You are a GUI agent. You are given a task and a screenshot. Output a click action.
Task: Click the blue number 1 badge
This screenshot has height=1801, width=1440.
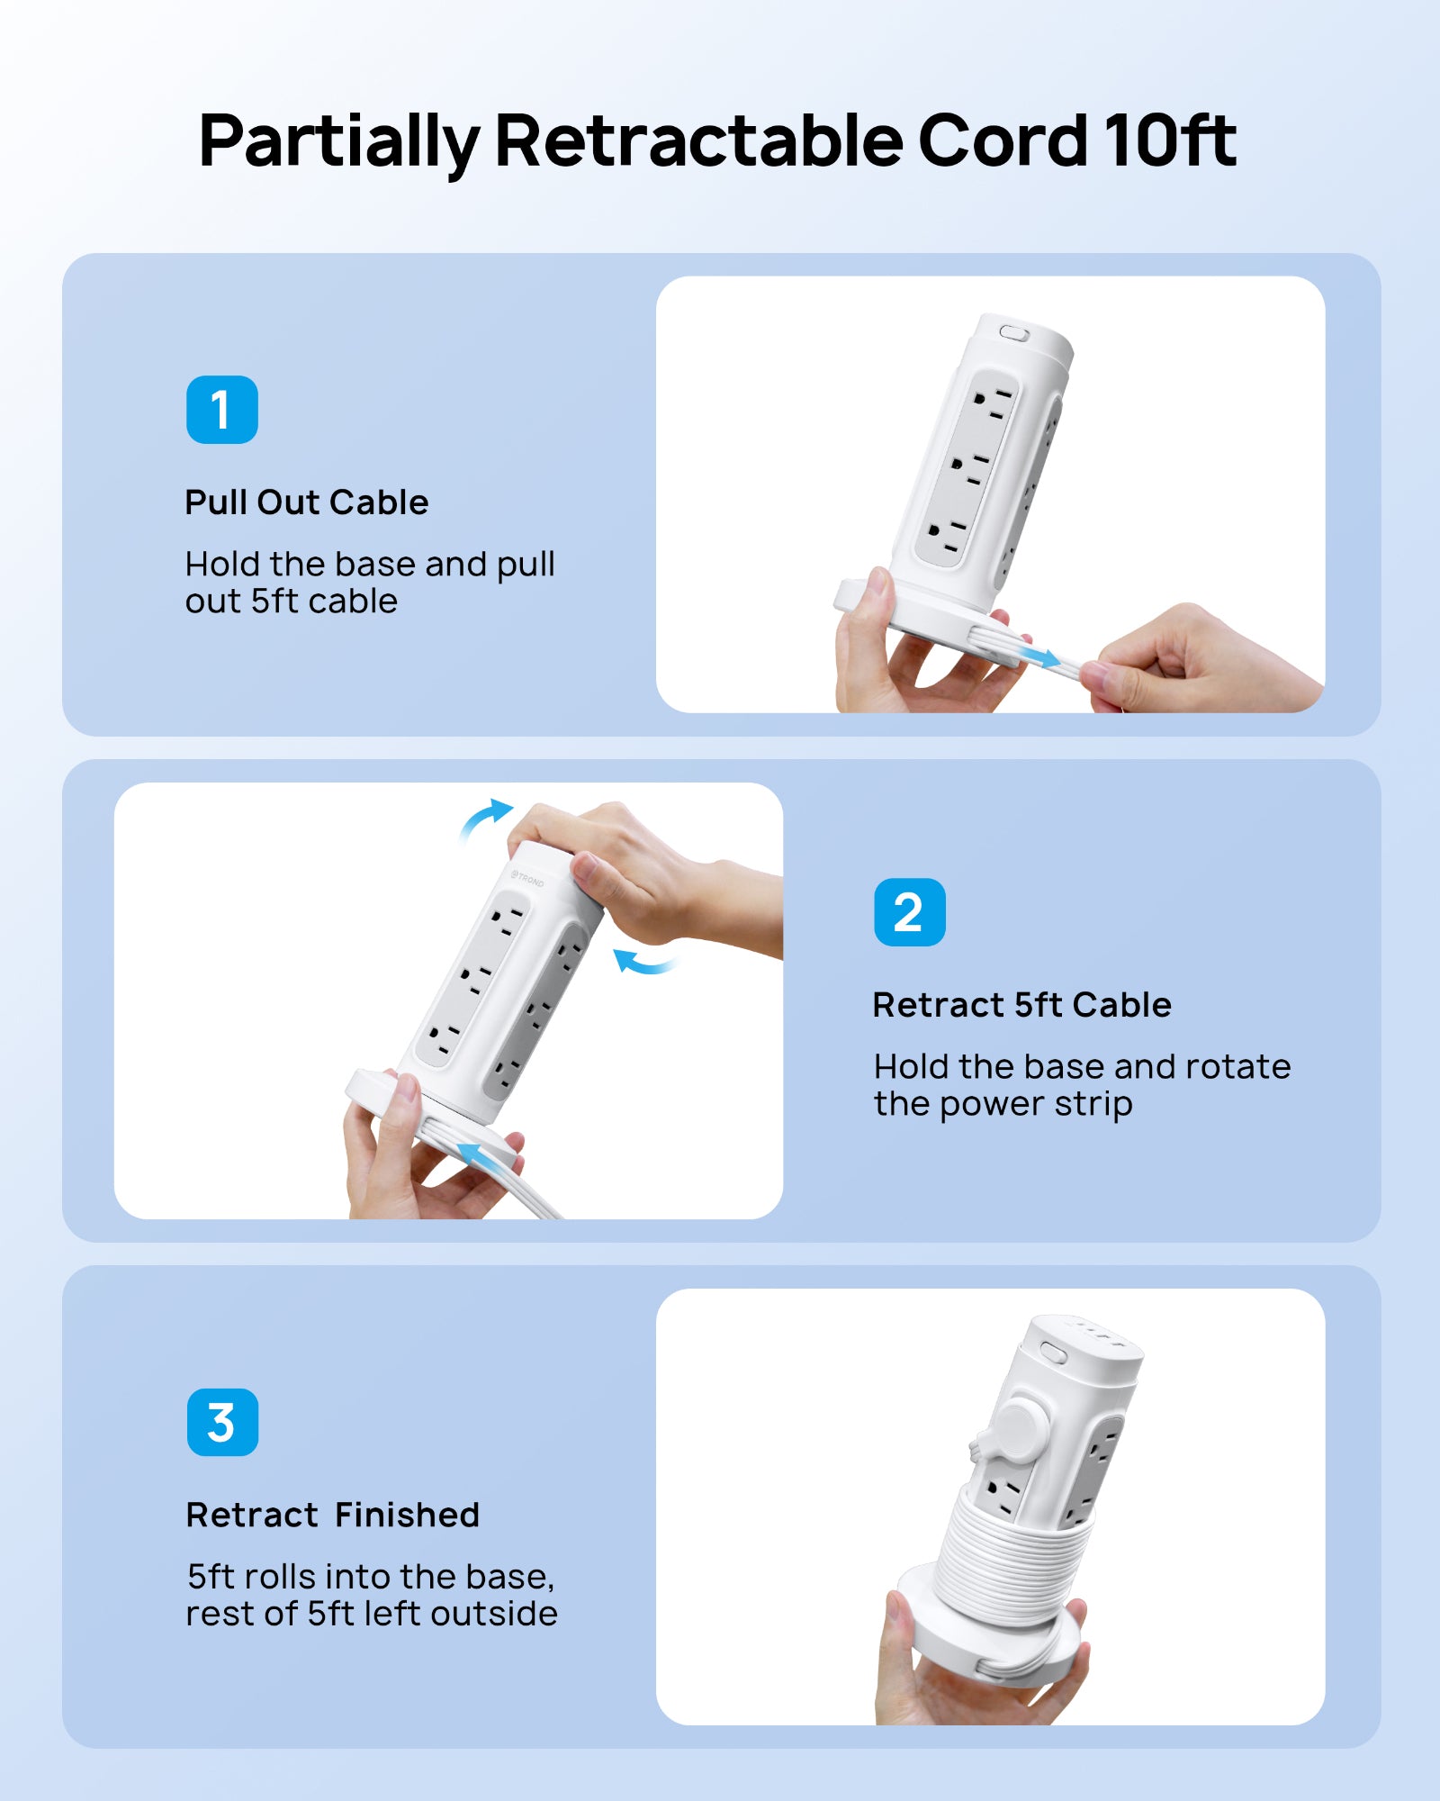click(x=221, y=410)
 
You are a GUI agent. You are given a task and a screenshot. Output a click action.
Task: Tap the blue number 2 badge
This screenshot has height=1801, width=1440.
click(x=909, y=912)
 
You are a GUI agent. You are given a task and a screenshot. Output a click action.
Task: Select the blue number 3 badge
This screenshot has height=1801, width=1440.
click(x=222, y=1423)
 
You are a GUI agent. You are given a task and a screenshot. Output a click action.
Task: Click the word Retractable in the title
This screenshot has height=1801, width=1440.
click(x=698, y=140)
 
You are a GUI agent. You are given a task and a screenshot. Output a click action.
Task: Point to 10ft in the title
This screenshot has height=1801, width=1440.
click(x=1170, y=140)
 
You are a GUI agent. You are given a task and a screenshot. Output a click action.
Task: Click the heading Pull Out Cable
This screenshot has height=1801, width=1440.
click(x=307, y=502)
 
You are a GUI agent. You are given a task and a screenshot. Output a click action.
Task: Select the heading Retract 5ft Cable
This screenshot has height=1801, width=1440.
click(x=1022, y=1005)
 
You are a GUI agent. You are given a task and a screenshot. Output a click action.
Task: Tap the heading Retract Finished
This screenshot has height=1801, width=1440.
click(x=333, y=1515)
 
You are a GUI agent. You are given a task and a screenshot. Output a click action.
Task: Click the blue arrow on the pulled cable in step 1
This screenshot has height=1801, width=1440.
click(x=1041, y=656)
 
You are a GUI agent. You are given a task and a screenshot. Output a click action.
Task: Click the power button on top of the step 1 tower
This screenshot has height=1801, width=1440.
click(x=1014, y=332)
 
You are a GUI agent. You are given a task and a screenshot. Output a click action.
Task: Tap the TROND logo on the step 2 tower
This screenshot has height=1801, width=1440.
click(x=528, y=878)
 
